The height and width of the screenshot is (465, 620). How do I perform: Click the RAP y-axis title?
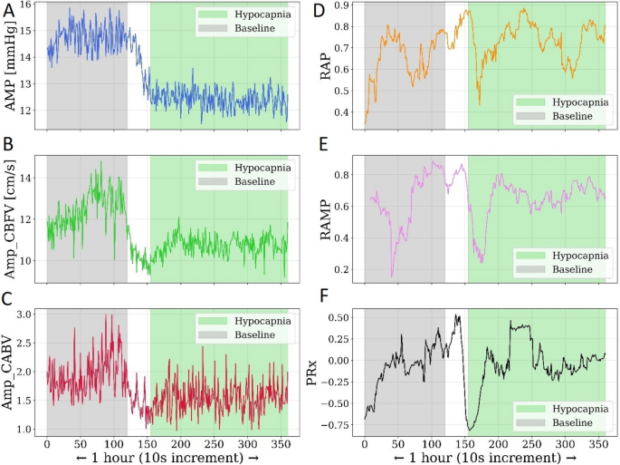pyautogui.click(x=328, y=68)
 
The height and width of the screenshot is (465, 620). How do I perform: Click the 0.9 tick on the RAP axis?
pyautogui.click(x=348, y=6)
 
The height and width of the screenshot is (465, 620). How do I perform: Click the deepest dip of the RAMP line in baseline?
pyautogui.click(x=392, y=276)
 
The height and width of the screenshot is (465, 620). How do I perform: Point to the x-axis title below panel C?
pyautogui.click(x=167, y=459)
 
